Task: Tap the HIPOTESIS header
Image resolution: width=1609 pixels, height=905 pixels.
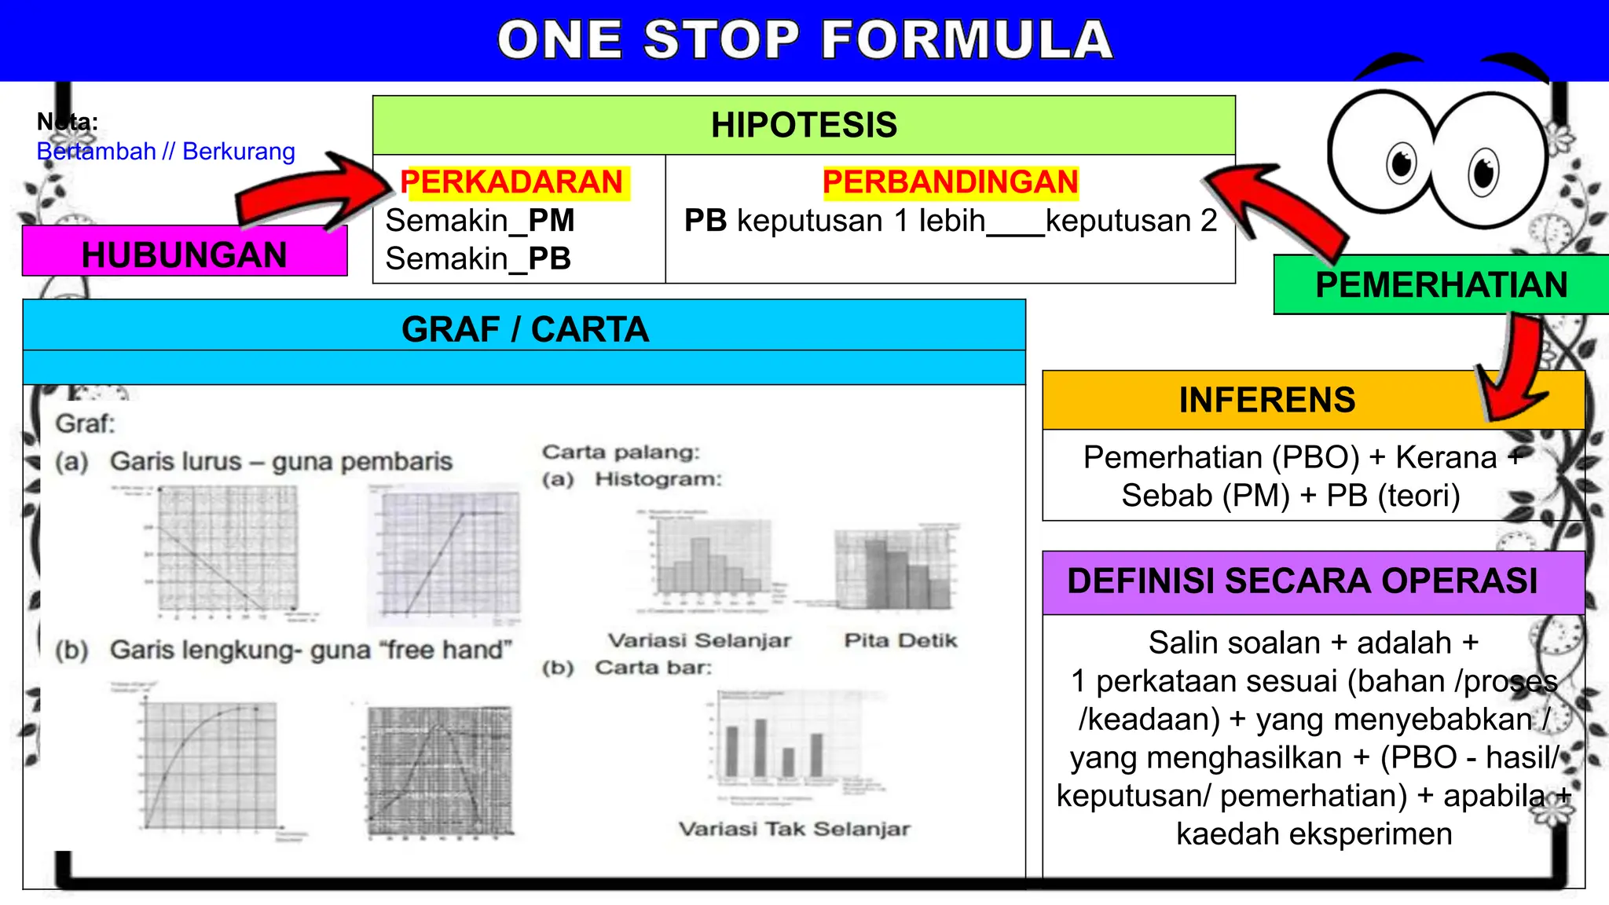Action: (x=804, y=126)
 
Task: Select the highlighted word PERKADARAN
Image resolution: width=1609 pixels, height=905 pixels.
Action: (x=511, y=182)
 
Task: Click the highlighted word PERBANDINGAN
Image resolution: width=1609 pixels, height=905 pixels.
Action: (x=950, y=182)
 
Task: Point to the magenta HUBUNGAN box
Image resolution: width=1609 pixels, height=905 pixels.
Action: (x=185, y=255)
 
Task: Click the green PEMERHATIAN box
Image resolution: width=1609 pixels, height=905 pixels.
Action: (x=1441, y=285)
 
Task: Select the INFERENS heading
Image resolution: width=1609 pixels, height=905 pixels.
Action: (x=1266, y=400)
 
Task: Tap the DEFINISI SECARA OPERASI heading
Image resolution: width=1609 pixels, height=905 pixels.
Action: (x=1302, y=581)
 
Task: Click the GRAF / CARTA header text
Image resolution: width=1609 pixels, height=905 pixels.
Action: (x=525, y=329)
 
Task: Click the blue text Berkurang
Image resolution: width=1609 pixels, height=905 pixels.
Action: (x=239, y=152)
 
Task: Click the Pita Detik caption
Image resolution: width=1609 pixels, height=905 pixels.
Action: (x=900, y=641)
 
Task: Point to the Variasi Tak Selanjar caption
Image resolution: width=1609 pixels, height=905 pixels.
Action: (x=794, y=830)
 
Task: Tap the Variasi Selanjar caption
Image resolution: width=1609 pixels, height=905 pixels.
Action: (x=699, y=641)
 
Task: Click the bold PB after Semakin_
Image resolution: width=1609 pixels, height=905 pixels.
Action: (x=549, y=259)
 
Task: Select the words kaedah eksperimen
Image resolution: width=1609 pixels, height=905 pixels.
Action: (x=1314, y=834)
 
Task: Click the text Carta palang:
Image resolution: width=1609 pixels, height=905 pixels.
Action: (x=621, y=452)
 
